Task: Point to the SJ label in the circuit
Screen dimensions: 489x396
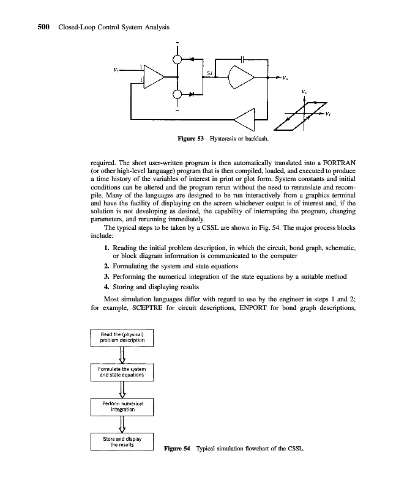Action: click(210, 74)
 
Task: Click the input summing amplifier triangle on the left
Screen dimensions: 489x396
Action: click(152, 77)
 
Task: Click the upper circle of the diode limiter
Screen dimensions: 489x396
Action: click(177, 60)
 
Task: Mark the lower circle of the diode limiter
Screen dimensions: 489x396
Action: click(177, 95)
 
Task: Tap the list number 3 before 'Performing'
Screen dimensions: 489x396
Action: click(106, 276)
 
